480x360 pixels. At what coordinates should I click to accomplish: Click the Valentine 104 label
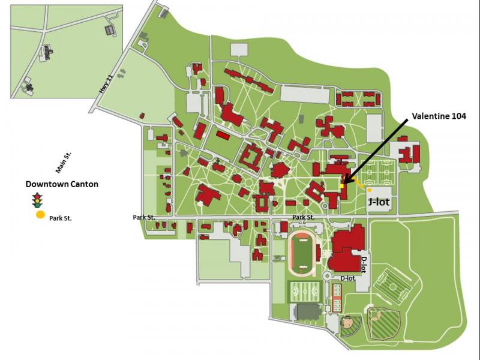pos(439,116)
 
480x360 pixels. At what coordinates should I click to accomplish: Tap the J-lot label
pos(379,202)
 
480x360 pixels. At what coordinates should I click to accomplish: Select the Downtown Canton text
pos(62,184)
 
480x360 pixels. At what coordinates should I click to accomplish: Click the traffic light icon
pos(38,200)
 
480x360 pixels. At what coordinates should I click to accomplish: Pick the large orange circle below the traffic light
pos(40,215)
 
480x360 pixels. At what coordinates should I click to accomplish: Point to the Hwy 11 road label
pos(106,84)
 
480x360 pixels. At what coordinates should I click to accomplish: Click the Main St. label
pos(64,163)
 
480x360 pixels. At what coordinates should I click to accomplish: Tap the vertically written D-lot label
pos(364,265)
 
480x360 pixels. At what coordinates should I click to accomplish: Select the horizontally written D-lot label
pos(348,278)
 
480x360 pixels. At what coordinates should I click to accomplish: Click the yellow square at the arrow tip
pos(342,186)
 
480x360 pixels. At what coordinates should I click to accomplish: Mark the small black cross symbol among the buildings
pos(218,160)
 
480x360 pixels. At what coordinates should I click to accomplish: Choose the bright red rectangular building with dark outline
pos(223,135)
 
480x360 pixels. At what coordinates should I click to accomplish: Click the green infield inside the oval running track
pos(302,253)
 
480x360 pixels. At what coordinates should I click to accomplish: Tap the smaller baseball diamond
pos(350,326)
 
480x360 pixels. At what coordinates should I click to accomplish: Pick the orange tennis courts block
pos(337,298)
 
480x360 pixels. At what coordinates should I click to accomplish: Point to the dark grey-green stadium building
pos(308,311)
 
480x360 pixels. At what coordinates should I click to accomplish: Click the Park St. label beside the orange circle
pos(61,218)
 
